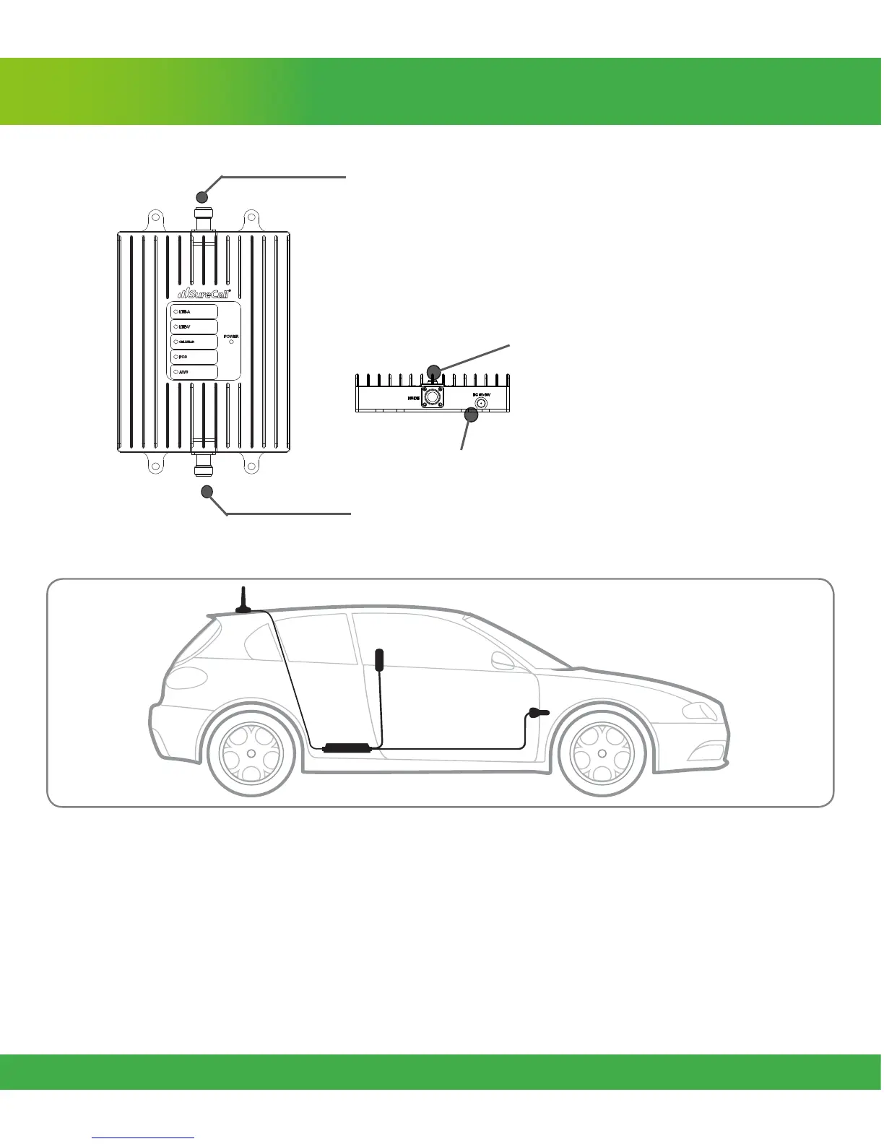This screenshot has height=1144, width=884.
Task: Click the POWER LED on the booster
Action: click(231, 342)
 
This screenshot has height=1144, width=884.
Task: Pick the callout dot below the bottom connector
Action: click(208, 493)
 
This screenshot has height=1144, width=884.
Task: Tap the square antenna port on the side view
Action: click(432, 396)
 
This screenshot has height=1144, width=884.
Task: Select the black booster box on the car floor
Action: click(347, 747)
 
